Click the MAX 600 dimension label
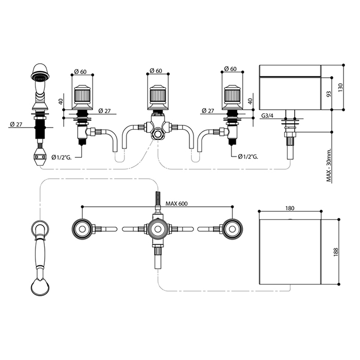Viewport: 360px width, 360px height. tap(176, 204)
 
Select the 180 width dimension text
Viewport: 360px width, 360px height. tap(290, 208)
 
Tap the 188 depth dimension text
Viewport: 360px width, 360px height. tap(336, 252)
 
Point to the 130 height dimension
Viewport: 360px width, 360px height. tap(340, 87)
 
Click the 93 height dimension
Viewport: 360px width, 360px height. tap(329, 94)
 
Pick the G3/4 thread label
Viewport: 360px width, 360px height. tap(267, 116)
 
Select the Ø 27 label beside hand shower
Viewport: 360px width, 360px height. tap(16, 124)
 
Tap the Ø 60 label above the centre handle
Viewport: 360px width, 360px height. tap(155, 71)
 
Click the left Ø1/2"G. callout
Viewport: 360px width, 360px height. tap(62, 157)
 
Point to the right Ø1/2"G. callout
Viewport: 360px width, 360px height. tap(248, 156)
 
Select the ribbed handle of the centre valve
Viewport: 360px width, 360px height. tap(157, 95)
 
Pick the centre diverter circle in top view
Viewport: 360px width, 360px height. tap(157, 229)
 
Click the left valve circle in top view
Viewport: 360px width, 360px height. tap(82, 229)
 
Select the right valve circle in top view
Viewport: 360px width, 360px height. tap(232, 229)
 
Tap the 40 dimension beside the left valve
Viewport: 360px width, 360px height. tap(61, 102)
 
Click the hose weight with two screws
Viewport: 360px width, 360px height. tap(40, 156)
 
